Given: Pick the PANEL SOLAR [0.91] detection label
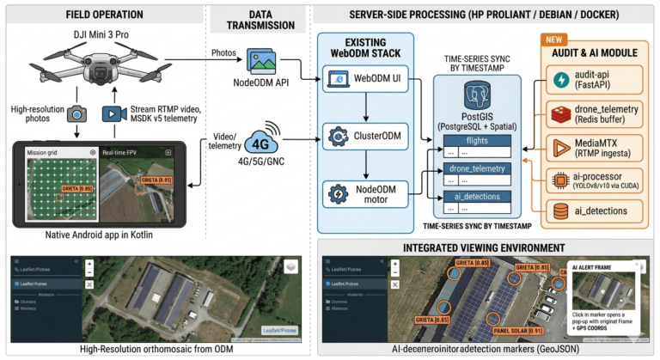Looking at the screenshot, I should pyautogui.click(x=514, y=329).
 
